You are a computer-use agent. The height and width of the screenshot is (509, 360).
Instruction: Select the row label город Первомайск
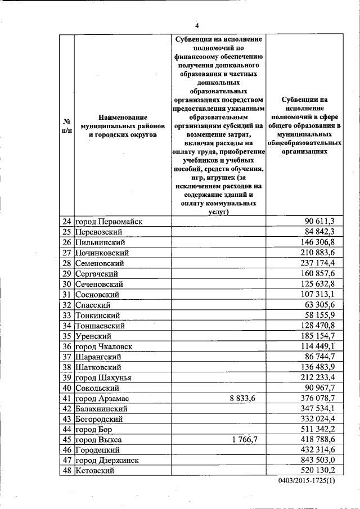coord(109,221)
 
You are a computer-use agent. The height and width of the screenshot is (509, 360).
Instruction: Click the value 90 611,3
coord(319,221)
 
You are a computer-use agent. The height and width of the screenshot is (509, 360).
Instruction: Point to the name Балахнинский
coord(103,408)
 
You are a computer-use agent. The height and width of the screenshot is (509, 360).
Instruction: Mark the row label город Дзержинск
coord(107,460)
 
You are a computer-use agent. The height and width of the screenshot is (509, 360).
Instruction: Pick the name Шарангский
coord(98,357)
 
